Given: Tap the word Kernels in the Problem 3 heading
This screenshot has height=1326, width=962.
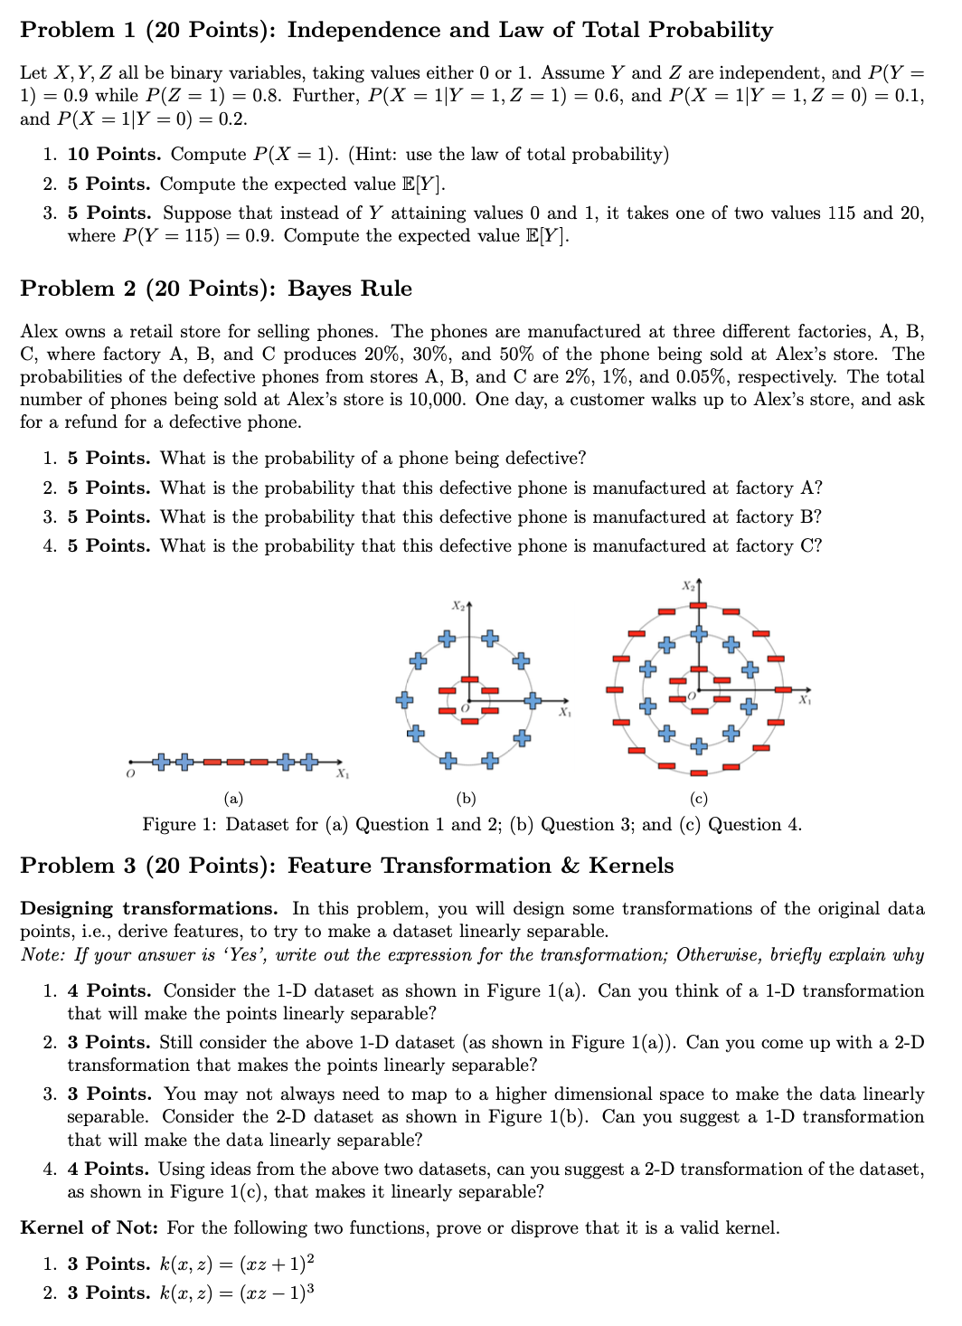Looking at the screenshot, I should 630,866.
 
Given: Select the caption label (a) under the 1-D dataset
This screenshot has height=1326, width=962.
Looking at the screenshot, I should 233,799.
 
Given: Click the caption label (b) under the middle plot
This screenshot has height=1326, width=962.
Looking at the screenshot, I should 466,799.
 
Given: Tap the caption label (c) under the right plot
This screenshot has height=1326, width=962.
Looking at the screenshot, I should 698,799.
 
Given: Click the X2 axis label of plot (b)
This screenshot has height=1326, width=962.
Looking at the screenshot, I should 459,604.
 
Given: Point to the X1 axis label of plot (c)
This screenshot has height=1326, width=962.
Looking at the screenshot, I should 805,699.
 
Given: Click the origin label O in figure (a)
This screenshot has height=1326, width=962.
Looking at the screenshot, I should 130,775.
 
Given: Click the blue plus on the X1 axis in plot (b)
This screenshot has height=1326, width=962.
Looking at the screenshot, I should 533,699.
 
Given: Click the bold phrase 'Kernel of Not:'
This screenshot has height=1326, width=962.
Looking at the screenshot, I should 90,1227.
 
